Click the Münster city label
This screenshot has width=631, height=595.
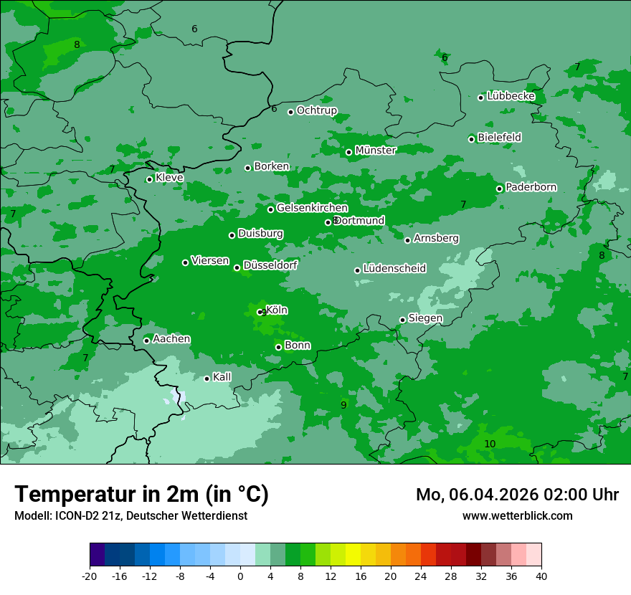pyautogui.click(x=375, y=151)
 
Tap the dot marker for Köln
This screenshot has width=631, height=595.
pyautogui.click(x=260, y=312)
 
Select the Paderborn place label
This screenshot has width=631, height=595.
pyautogui.click(x=531, y=187)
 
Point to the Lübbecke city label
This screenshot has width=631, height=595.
pyautogui.click(x=511, y=96)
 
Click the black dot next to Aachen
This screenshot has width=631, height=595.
pyautogui.click(x=146, y=341)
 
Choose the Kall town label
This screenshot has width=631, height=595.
pyautogui.click(x=222, y=377)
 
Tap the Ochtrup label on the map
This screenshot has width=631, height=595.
pyautogui.click(x=316, y=110)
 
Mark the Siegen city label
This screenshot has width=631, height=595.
pyautogui.click(x=425, y=318)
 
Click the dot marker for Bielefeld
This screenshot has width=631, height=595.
pyautogui.click(x=471, y=139)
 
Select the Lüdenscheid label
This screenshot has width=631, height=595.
pyautogui.click(x=394, y=269)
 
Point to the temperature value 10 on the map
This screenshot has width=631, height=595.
pyautogui.click(x=490, y=444)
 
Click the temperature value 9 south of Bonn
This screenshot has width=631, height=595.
pyautogui.click(x=343, y=406)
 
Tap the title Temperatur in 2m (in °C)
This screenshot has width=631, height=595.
pyautogui.click(x=141, y=494)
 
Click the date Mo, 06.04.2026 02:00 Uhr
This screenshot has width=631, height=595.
pyautogui.click(x=517, y=495)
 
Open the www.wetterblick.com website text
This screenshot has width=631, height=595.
pyautogui.click(x=517, y=516)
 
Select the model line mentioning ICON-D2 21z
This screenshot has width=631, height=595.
pyautogui.click(x=131, y=516)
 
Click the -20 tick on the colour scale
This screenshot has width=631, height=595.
pyautogui.click(x=90, y=576)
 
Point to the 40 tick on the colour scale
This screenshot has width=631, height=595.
pyautogui.click(x=541, y=576)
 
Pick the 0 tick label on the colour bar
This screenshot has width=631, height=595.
pyautogui.click(x=240, y=576)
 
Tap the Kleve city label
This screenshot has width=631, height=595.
pyautogui.click(x=169, y=178)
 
